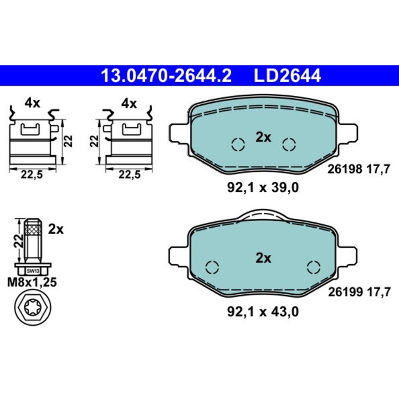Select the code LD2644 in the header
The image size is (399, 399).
pyautogui.click(x=287, y=75)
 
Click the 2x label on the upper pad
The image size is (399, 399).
pyautogui.click(x=263, y=138)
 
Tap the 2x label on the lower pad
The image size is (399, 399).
pyautogui.click(x=263, y=258)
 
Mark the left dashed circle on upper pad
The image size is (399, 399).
pyautogui.click(x=238, y=145)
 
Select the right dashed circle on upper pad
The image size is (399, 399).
pyautogui.click(x=289, y=145)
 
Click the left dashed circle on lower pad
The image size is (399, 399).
pyautogui.click(x=212, y=267)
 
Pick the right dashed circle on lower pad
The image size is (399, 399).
pyautogui.click(x=314, y=267)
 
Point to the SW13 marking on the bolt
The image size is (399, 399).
pyautogui.click(x=33, y=271)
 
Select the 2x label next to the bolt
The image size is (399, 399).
pyautogui.click(x=56, y=229)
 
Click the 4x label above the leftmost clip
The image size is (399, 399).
pyautogui.click(x=32, y=103)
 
